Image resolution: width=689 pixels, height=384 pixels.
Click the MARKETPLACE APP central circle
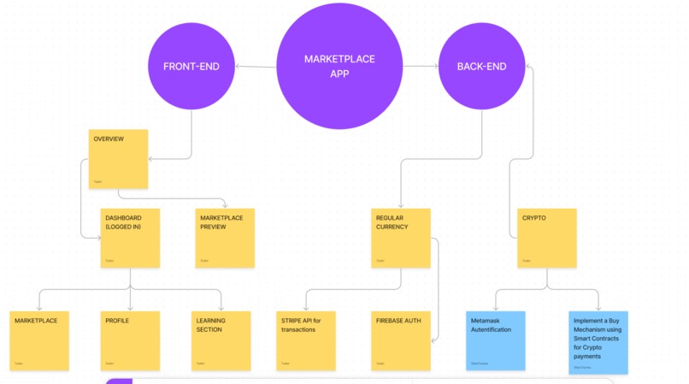(x=339, y=66)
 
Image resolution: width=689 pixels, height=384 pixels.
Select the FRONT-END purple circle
(x=191, y=66)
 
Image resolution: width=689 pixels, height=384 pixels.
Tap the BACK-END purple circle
(x=481, y=66)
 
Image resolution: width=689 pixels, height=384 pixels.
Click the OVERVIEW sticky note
(x=118, y=158)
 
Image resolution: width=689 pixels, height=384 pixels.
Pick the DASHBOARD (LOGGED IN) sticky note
(x=130, y=238)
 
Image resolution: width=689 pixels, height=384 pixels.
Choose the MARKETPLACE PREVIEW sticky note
(x=225, y=238)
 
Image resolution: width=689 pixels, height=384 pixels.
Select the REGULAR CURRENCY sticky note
(x=400, y=238)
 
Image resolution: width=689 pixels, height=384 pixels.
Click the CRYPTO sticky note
(x=547, y=238)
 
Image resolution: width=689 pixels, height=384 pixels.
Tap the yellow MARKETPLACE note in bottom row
(x=38, y=340)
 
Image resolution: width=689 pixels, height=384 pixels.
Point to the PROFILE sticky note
(x=130, y=340)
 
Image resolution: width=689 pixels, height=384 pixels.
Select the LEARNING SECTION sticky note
(x=221, y=340)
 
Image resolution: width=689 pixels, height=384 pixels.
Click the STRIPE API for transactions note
(x=306, y=340)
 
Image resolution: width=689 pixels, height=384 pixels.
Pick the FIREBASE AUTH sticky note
(x=400, y=340)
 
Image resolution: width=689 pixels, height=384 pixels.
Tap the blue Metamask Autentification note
(x=496, y=340)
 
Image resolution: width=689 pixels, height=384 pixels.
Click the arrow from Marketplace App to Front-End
(x=256, y=66)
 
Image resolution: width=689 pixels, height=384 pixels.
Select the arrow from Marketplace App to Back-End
(x=421, y=66)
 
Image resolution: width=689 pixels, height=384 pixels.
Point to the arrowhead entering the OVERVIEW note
(x=151, y=159)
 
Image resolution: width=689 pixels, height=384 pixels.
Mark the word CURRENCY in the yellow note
(x=392, y=227)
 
